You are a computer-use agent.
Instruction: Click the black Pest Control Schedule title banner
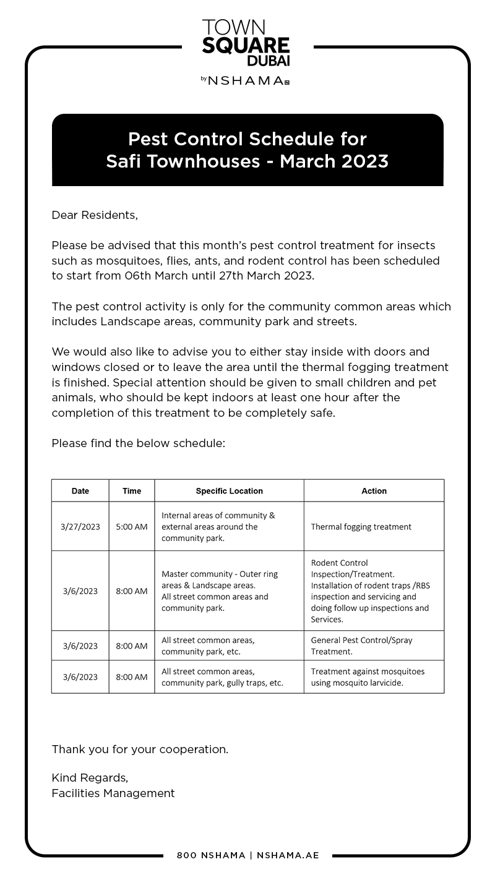pyautogui.click(x=247, y=150)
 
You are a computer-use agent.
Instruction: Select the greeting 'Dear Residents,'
pyautogui.click(x=95, y=215)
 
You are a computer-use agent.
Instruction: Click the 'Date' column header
pyautogui.click(x=80, y=491)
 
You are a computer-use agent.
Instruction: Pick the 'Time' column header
pyautogui.click(x=132, y=491)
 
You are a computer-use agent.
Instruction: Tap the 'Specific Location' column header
pyautogui.click(x=229, y=491)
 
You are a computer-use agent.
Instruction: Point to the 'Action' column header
pyautogui.click(x=374, y=491)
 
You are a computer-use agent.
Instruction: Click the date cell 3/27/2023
pyautogui.click(x=80, y=527)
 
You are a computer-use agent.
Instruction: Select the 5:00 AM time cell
pyautogui.click(x=132, y=527)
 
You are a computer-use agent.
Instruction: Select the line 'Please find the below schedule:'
pyautogui.click(x=138, y=443)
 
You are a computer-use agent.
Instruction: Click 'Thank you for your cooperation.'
pyautogui.click(x=140, y=749)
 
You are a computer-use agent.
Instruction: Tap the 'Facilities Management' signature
pyautogui.click(x=113, y=793)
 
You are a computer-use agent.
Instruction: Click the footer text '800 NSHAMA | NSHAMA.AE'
pyautogui.click(x=247, y=856)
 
